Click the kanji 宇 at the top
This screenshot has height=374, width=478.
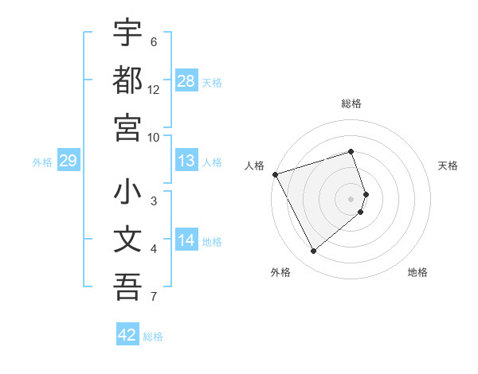127,33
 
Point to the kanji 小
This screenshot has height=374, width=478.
127,193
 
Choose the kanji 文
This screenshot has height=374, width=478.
127,240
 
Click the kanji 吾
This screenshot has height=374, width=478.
127,287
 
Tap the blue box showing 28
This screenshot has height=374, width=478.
186,82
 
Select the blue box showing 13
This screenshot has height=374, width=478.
186,162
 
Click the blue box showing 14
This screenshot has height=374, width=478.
186,241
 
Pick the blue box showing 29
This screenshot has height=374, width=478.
68,162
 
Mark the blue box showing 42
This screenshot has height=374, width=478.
127,335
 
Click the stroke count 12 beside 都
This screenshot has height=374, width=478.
154,89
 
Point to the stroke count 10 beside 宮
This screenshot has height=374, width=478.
154,137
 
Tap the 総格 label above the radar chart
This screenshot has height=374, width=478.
351,103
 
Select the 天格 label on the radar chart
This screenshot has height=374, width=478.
449,166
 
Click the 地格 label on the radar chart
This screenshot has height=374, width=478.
417,272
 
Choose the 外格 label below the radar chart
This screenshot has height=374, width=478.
280,272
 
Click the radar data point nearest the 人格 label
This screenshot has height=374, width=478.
275,174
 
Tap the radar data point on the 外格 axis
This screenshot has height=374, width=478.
313,251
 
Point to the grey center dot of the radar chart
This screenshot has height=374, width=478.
351,198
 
